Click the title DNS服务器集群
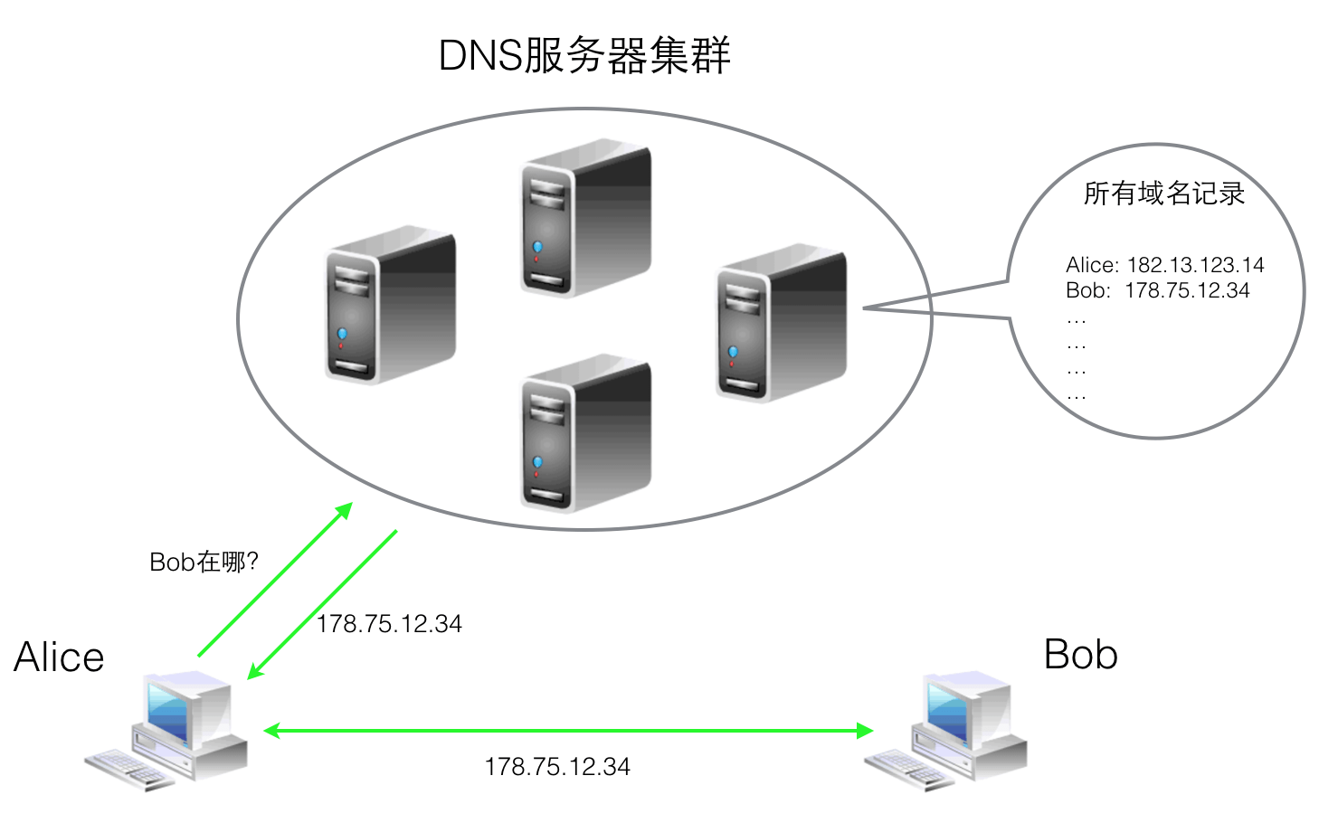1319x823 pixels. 584,56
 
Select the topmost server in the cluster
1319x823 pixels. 585,217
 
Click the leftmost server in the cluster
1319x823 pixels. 390,304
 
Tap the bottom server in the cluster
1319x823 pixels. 585,432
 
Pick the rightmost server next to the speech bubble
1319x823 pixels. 781,322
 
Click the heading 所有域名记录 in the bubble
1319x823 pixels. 1163,194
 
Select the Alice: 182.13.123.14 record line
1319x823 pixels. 1164,265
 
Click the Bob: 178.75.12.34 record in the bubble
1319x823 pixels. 1157,290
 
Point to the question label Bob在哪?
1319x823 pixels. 204,563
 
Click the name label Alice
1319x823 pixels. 60,657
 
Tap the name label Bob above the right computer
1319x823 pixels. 1080,655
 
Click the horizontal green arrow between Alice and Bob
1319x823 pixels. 568,730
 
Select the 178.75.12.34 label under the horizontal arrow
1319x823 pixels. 557,767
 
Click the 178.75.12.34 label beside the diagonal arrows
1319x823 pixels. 389,624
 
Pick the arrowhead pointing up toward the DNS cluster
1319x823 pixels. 344,510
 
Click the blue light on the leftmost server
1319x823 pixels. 342,335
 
